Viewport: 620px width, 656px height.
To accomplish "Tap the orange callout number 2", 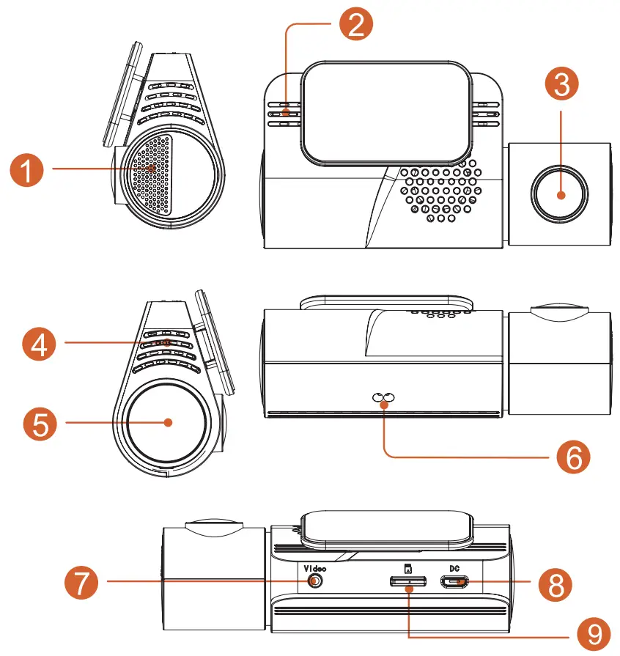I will (x=355, y=25).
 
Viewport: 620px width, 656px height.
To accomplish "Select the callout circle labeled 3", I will (x=561, y=85).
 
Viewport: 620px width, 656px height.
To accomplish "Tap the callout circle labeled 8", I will (x=553, y=583).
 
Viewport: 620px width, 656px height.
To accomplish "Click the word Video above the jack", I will (x=314, y=567).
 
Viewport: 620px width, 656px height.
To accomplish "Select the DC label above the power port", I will (x=454, y=567).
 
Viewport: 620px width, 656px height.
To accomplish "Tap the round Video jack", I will (x=315, y=581).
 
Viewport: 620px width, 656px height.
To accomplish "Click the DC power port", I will (x=454, y=583).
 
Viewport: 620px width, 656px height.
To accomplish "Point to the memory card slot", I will (x=407, y=583).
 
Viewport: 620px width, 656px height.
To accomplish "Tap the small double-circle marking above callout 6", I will (x=383, y=398).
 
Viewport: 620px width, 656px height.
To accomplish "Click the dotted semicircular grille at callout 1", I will (x=154, y=174).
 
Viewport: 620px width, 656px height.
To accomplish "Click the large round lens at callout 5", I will (x=167, y=422).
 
